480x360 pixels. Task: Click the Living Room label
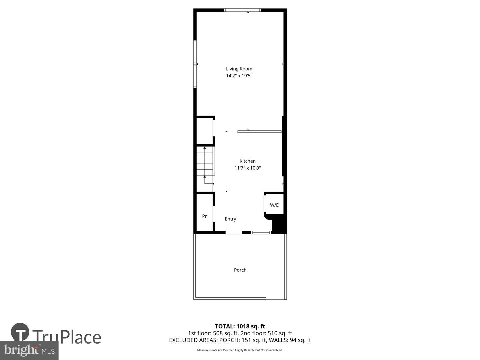point(239,69)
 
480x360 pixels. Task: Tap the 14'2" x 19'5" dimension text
point(239,76)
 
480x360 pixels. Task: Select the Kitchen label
point(247,161)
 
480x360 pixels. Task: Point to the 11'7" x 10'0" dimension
point(247,168)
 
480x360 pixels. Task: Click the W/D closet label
point(275,205)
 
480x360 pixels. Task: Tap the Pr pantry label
point(204,216)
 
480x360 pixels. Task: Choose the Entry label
point(230,219)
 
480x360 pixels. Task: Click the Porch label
point(240,270)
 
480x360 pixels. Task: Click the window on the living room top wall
point(242,10)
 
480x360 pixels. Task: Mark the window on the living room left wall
point(195,64)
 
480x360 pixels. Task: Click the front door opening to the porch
point(234,233)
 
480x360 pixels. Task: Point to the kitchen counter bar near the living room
point(259,132)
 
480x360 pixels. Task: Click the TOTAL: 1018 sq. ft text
point(240,326)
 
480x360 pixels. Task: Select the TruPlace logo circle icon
point(20,332)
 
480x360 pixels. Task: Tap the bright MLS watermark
point(29,350)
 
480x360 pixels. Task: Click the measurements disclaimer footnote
point(240,350)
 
